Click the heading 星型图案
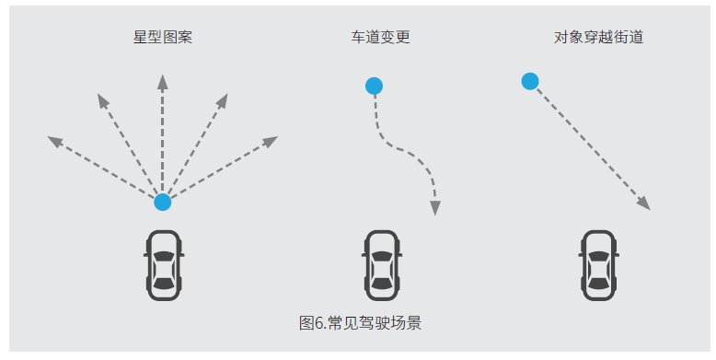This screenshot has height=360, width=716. pyautogui.click(x=163, y=37)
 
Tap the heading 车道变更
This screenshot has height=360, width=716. pyautogui.click(x=380, y=37)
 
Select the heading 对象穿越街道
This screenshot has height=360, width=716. pyautogui.click(x=598, y=37)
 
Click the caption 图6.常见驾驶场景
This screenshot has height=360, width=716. pyautogui.click(x=360, y=323)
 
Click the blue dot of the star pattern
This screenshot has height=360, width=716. pyautogui.click(x=163, y=202)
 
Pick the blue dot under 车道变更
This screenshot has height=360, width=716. pyautogui.click(x=374, y=86)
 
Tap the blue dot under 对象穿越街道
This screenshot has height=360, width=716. pyautogui.click(x=530, y=81)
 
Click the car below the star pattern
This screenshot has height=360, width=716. pyautogui.click(x=164, y=265)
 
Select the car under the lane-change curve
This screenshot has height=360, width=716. pyautogui.click(x=382, y=265)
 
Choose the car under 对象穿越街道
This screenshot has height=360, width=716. pyautogui.click(x=598, y=265)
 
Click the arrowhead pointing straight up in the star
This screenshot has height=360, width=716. pyautogui.click(x=163, y=82)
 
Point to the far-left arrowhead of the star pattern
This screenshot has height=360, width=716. pyautogui.click(x=55, y=142)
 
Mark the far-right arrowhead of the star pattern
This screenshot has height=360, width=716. pyautogui.click(x=271, y=142)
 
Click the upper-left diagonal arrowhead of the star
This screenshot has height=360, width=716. pyautogui.click(x=103, y=101)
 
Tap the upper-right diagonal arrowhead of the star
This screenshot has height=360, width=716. pyautogui.click(x=222, y=101)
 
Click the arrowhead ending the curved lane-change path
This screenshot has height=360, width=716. pyautogui.click(x=435, y=208)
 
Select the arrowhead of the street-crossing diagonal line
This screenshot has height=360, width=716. pyautogui.click(x=644, y=203)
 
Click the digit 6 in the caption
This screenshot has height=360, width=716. pyautogui.click(x=318, y=323)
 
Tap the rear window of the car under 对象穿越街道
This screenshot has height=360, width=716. pyautogui.click(x=598, y=285)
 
